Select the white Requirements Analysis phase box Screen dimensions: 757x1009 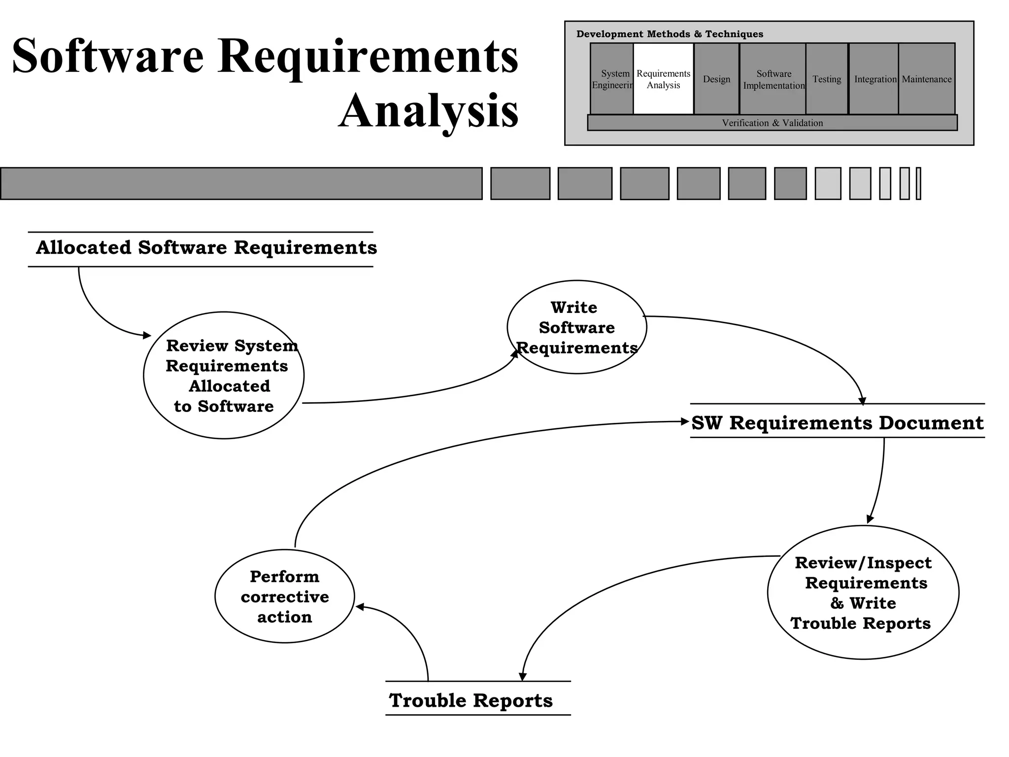tap(663, 79)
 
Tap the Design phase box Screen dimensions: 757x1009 tap(716, 79)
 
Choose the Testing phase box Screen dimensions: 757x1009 tap(827, 79)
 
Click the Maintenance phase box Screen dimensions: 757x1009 tap(926, 79)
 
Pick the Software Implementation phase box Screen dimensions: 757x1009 tap(773, 79)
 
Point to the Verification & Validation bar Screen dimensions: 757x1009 tap(772, 123)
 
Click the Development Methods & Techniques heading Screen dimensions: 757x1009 tap(670, 34)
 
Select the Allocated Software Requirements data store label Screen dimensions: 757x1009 tap(206, 248)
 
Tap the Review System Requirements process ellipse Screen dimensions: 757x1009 tap(224, 376)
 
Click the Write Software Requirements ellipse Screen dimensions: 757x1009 tap(576, 327)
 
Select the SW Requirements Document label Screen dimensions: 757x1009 tap(837, 423)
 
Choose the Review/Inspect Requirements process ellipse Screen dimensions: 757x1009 tap(863, 592)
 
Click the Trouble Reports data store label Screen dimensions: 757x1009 tap(471, 700)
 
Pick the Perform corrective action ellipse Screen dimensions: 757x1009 tap(285, 596)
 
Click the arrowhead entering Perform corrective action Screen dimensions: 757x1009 tap(360, 607)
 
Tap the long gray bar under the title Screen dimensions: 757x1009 tap(241, 183)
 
